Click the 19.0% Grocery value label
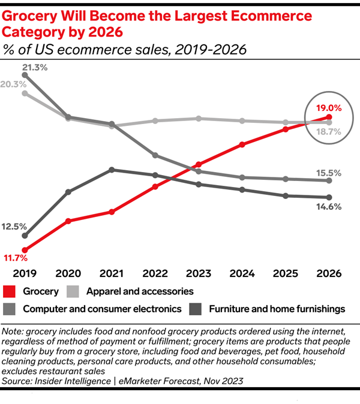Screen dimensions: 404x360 pyautogui.click(x=329, y=108)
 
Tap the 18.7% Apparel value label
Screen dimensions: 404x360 pyautogui.click(x=329, y=131)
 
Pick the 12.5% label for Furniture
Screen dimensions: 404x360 pyautogui.click(x=14, y=227)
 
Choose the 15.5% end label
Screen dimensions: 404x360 pyautogui.click(x=329, y=173)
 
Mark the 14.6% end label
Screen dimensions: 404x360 pyautogui.click(x=329, y=207)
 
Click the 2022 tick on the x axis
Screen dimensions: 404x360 pyautogui.click(x=155, y=273)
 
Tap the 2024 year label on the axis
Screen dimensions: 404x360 pyautogui.click(x=242, y=273)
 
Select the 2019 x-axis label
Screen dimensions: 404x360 pyautogui.click(x=25, y=273)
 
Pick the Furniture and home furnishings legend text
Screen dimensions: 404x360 pyautogui.click(x=277, y=309)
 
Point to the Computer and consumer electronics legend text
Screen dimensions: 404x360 pyautogui.click(x=102, y=309)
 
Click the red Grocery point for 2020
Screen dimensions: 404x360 pyautogui.click(x=68, y=221)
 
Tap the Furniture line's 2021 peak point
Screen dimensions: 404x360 pyautogui.click(x=112, y=170)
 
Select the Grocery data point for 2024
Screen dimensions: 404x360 pyautogui.click(x=242, y=144)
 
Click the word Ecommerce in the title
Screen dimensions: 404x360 pyautogui.click(x=252, y=14)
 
